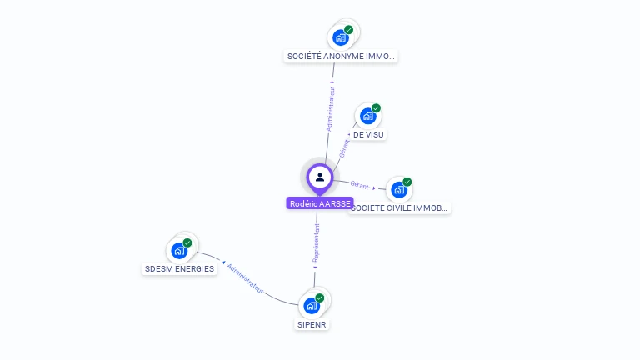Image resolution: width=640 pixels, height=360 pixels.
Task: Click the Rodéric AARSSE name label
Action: point(320,203)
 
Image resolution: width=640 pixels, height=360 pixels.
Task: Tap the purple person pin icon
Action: point(320,177)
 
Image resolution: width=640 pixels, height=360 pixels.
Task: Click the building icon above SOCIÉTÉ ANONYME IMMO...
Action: point(340,37)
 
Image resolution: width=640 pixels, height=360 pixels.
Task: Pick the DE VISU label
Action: point(369,134)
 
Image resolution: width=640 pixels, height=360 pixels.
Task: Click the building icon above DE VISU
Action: point(367,116)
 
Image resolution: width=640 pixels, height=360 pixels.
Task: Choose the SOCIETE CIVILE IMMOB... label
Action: point(400,207)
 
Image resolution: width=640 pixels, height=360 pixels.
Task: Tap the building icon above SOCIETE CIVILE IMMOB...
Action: point(398,189)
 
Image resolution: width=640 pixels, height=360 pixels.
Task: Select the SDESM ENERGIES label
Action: point(179,268)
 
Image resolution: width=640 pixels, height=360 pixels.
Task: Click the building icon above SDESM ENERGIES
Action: point(178,250)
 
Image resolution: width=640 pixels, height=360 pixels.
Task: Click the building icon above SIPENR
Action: point(311,305)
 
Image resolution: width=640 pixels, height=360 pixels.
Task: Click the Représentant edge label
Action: point(316,243)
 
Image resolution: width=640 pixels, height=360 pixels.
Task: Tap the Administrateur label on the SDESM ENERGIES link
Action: point(245,278)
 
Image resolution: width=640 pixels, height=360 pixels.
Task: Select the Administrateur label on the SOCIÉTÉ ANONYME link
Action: point(331,107)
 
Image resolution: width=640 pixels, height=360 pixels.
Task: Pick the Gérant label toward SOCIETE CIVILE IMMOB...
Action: point(359,184)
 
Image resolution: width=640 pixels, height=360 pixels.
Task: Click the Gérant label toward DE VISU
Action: point(345,147)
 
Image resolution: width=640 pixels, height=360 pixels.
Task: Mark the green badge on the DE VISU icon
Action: point(376,108)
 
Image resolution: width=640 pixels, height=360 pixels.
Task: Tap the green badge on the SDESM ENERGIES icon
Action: point(187,242)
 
